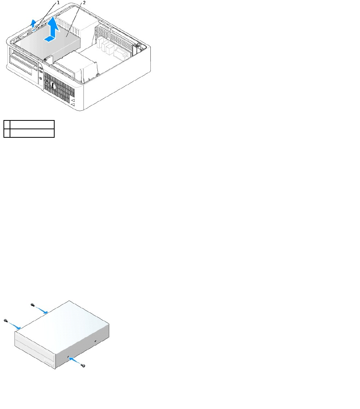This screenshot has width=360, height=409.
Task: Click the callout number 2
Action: click(84, 2)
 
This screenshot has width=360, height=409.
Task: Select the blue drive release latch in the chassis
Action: click(36, 28)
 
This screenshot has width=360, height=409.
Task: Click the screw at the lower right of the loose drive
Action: click(83, 367)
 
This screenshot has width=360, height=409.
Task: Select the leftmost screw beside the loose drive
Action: click(5, 321)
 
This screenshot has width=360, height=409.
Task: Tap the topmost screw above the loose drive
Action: click(32, 305)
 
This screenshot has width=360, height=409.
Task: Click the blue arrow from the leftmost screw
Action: click(14, 326)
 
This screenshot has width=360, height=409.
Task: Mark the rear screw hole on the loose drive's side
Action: click(95, 341)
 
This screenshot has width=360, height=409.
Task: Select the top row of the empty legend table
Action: click(29, 124)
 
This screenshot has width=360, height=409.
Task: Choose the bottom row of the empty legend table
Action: click(29, 133)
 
